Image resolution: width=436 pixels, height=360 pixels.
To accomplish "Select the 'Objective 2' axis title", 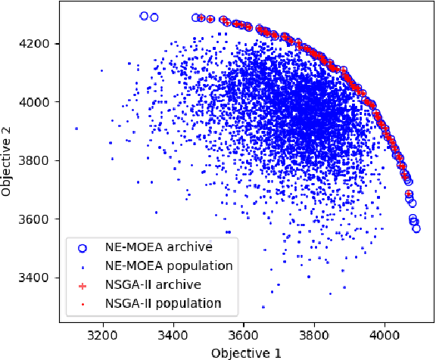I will click(x=8, y=160).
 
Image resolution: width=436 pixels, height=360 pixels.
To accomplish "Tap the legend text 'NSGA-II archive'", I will click(x=152, y=284).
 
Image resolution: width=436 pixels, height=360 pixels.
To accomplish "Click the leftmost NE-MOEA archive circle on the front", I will click(x=145, y=15).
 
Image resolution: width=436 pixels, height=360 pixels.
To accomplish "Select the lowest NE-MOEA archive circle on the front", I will click(x=416, y=228).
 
